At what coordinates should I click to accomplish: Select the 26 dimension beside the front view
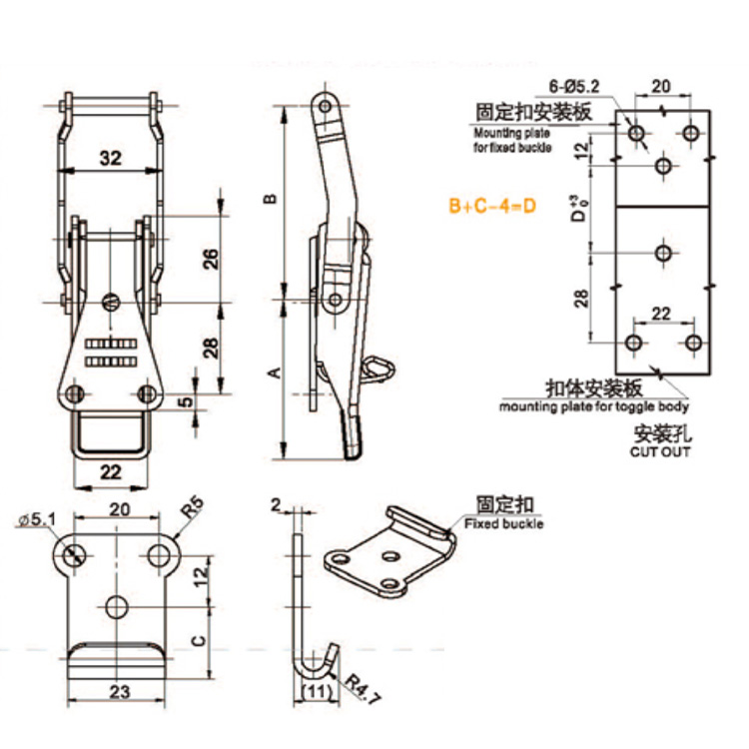[x=210, y=259]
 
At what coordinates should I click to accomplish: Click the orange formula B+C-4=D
[x=492, y=207]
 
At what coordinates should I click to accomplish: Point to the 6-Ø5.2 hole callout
[x=573, y=87]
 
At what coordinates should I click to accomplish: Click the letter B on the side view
[x=269, y=201]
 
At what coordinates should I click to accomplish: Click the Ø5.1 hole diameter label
[x=39, y=519]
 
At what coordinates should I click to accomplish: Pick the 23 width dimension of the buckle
[x=118, y=689]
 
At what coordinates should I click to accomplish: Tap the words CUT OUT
[x=659, y=451]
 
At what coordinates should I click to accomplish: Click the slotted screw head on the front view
[x=112, y=301]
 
